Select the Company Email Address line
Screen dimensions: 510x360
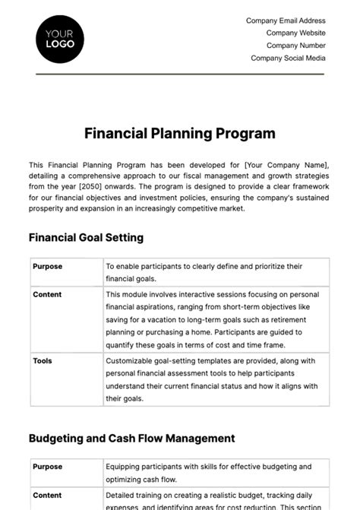pos(286,21)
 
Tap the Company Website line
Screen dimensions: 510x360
pos(295,33)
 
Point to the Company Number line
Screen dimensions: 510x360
pos(295,46)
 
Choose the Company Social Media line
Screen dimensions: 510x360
pos(288,58)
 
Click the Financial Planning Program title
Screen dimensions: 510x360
pos(179,134)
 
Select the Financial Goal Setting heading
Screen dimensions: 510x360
pos(86,237)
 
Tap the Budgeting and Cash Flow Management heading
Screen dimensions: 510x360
pos(131,439)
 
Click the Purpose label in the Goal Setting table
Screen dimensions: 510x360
pos(48,267)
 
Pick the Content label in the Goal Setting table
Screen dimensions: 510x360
pos(47,294)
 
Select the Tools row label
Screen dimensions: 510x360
pos(43,361)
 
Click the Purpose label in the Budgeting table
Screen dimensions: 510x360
pos(48,467)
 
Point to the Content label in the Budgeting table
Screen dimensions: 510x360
pos(47,494)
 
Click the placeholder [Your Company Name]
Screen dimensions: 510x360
pos(286,165)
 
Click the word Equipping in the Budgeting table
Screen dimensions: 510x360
pos(125,467)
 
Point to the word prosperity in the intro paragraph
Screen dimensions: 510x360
pos(46,208)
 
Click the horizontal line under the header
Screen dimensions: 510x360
pos(179,74)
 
